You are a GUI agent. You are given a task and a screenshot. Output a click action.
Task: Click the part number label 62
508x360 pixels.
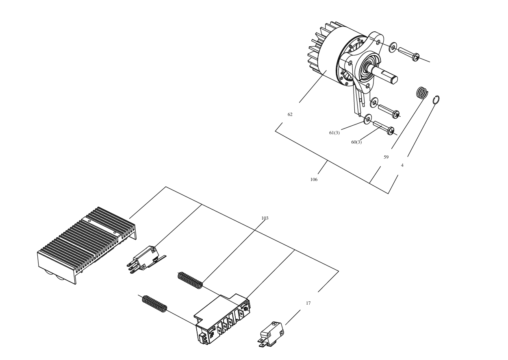(290, 114)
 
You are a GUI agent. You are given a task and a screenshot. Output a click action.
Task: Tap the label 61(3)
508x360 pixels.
(334, 133)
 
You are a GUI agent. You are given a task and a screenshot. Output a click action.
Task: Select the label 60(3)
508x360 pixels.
(356, 142)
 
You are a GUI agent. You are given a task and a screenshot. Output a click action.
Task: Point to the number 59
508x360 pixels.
(386, 157)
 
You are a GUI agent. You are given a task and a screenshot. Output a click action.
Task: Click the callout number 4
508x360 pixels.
(402, 165)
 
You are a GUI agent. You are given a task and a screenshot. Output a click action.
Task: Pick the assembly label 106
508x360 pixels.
(314, 179)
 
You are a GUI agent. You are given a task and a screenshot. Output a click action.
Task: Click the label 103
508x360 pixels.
(265, 218)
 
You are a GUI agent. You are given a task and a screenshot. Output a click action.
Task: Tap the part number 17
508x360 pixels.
(308, 303)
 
